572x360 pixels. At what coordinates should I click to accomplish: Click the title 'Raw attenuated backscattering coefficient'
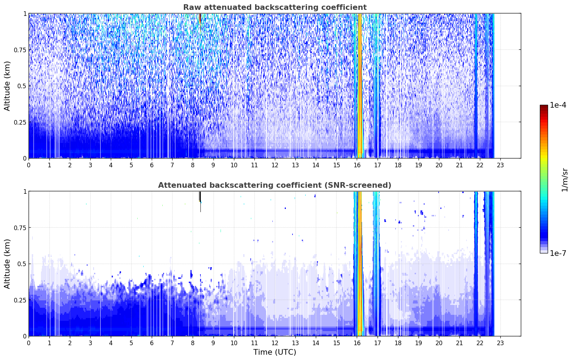pos(275,7)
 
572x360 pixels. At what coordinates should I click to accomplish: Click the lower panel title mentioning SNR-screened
pos(275,185)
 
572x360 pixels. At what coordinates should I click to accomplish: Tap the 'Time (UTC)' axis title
pos(275,352)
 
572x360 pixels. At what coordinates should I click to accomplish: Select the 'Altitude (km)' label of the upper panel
pos(7,86)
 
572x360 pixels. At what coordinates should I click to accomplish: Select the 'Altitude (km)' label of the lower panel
pos(7,264)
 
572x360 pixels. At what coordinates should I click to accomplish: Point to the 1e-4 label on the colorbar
pos(558,105)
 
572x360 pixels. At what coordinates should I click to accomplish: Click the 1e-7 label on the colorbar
pos(558,253)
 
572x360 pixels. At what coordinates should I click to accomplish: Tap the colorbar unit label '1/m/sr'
pos(565,180)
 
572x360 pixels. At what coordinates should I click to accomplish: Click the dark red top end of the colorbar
pos(544,107)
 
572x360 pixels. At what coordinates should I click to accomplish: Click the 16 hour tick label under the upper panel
pos(357,165)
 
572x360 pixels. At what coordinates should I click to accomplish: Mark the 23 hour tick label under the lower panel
pos(500,343)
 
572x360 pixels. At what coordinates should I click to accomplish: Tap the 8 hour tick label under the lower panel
pos(193,343)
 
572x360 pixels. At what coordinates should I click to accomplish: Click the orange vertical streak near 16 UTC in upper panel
pos(360,84)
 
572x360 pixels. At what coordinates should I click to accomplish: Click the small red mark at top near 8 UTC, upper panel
pos(200,18)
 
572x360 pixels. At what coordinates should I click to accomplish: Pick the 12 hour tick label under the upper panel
pos(275,165)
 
